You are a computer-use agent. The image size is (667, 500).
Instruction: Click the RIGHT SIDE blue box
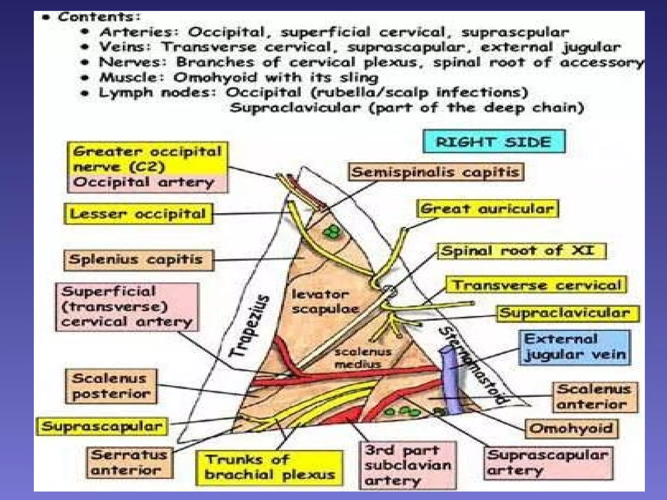(x=494, y=142)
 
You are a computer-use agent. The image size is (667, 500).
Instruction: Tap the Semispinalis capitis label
(x=436, y=172)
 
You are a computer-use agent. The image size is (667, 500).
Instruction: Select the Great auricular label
(x=487, y=209)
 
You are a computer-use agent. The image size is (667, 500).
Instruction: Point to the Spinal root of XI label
(x=521, y=251)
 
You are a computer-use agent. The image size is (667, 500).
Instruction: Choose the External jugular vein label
(x=575, y=348)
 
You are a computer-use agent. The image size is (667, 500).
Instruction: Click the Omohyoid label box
(x=571, y=428)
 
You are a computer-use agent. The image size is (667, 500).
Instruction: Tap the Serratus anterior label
(x=129, y=463)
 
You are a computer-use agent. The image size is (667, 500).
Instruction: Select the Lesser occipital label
(x=138, y=214)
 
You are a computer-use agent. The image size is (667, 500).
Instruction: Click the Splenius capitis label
(x=138, y=260)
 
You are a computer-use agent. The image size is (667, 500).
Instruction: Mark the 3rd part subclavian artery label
(x=407, y=465)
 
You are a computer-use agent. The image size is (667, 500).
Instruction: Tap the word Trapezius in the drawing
(x=249, y=326)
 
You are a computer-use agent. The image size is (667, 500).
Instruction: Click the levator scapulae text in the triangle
(x=324, y=302)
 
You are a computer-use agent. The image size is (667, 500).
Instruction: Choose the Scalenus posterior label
(x=111, y=386)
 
